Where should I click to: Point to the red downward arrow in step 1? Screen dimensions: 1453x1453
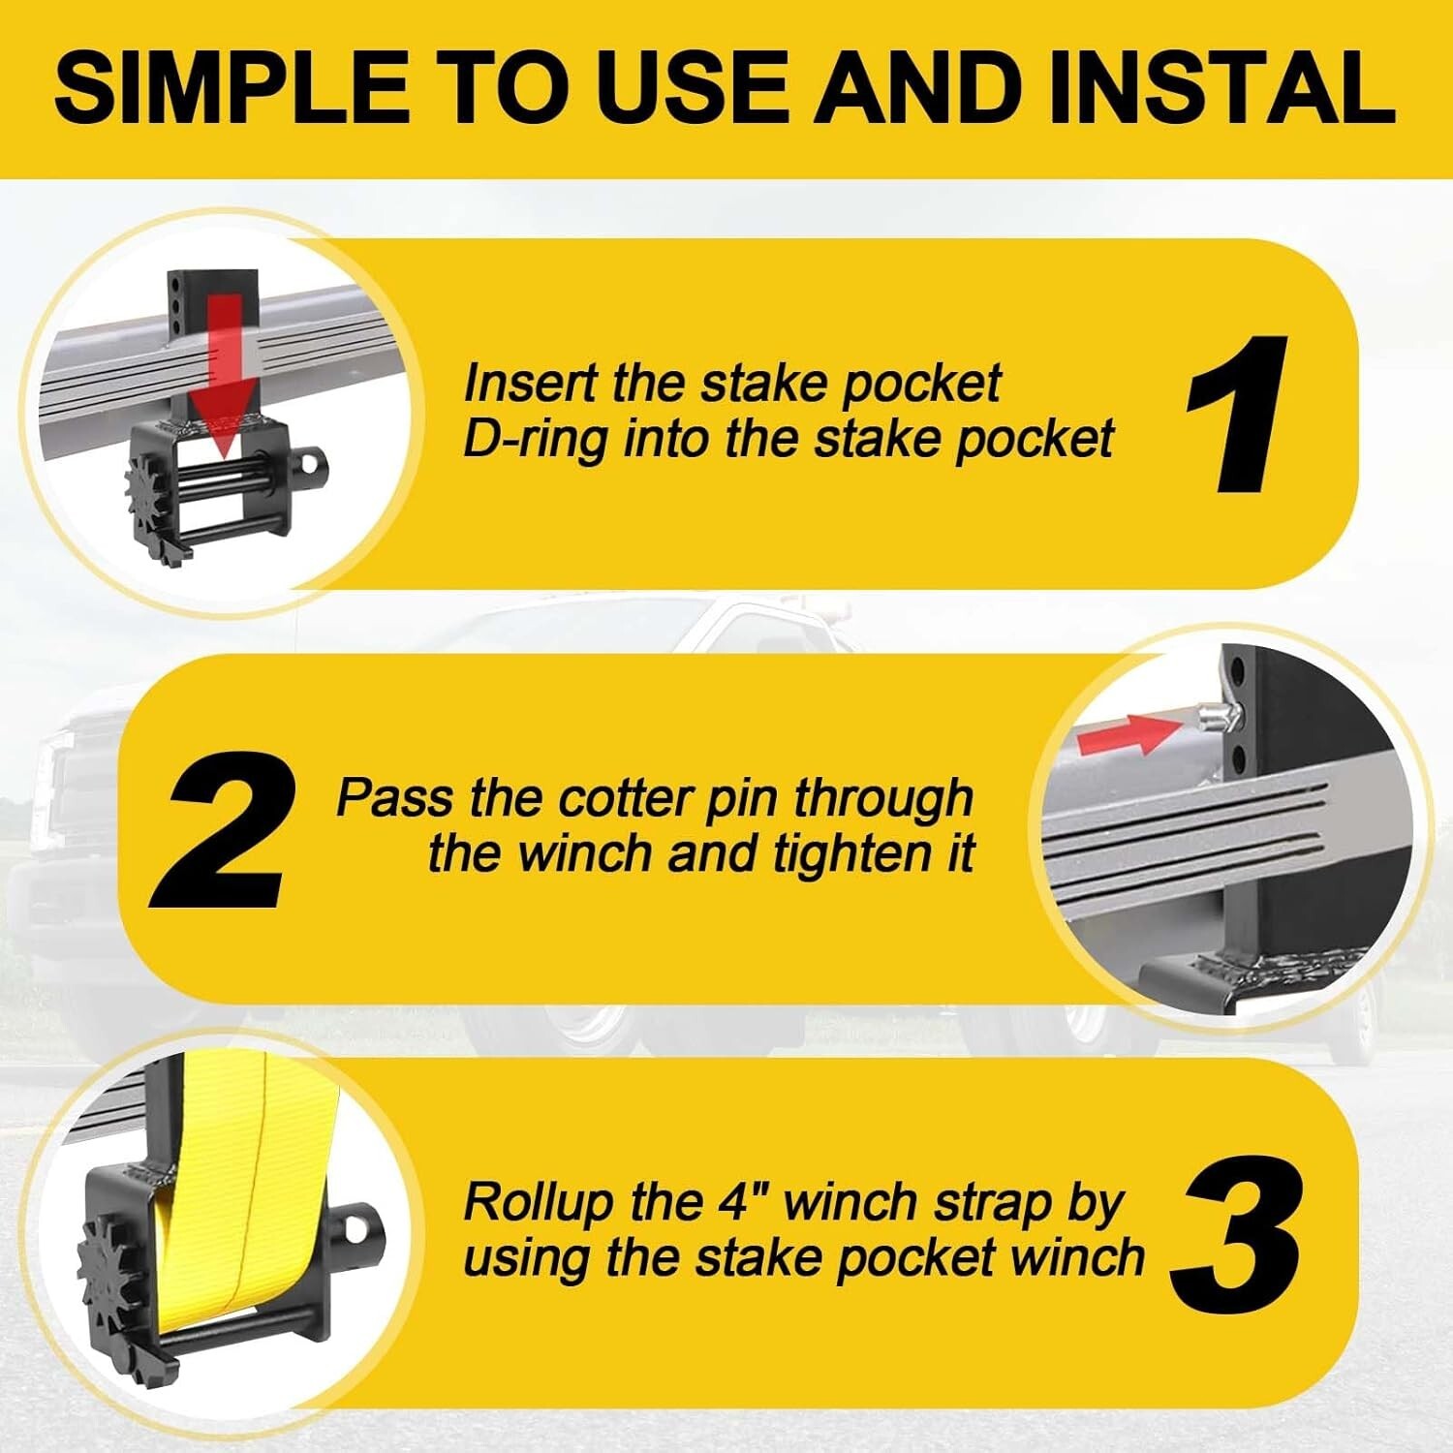tap(221, 387)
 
